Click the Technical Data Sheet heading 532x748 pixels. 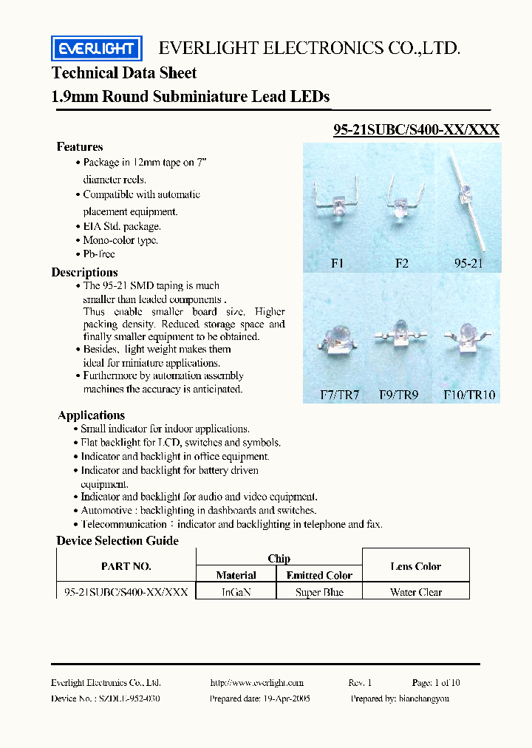(x=124, y=73)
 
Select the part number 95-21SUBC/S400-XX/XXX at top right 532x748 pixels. (x=416, y=130)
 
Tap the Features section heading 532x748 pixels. (x=80, y=147)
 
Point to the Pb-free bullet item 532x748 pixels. (x=99, y=254)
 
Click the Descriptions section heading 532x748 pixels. (x=84, y=273)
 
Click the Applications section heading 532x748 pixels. (x=92, y=415)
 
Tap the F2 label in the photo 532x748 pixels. (x=401, y=263)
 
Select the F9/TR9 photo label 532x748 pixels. (x=400, y=395)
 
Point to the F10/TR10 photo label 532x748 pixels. (x=469, y=395)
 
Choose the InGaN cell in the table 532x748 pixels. (x=236, y=592)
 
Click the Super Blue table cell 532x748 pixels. (x=319, y=592)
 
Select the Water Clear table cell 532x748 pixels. (x=416, y=592)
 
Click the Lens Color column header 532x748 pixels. (x=416, y=567)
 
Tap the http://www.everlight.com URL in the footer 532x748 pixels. (x=256, y=683)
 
